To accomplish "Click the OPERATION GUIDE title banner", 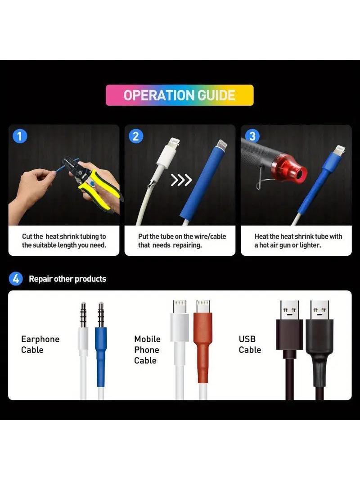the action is coord(180,95).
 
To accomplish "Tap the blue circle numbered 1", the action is coord(20,136).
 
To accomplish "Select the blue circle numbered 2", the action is coord(136,136).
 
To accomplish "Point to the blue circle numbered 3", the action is coord(252,136).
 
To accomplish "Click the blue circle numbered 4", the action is coord(16,279).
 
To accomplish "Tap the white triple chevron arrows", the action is coord(181,180).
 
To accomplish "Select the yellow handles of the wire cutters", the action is coord(99,190).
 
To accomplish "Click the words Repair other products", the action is coord(67,279).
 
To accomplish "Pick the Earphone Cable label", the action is coord(40,344).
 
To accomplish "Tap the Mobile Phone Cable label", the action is coord(147,349).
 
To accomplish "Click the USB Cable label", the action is coord(250,344).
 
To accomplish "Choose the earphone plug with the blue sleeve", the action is coord(101,350).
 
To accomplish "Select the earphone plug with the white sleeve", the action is coord(83,350).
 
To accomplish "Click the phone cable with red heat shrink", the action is coord(203,349).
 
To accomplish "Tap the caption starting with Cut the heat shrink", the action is coord(64,240).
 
